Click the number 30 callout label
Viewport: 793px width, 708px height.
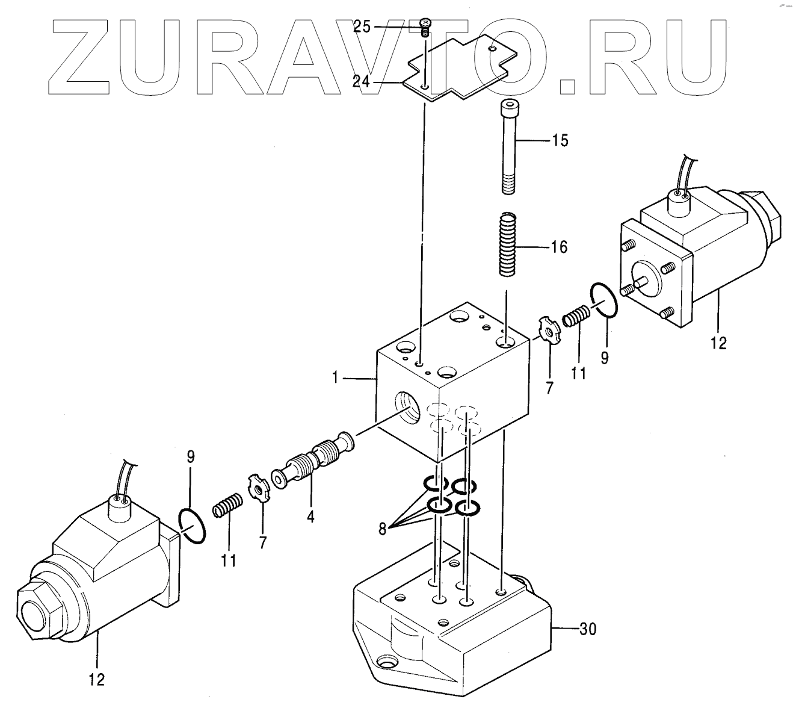(x=587, y=629)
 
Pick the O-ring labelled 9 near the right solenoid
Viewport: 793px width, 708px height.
(x=604, y=299)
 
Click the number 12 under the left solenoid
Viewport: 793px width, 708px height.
(x=96, y=680)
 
